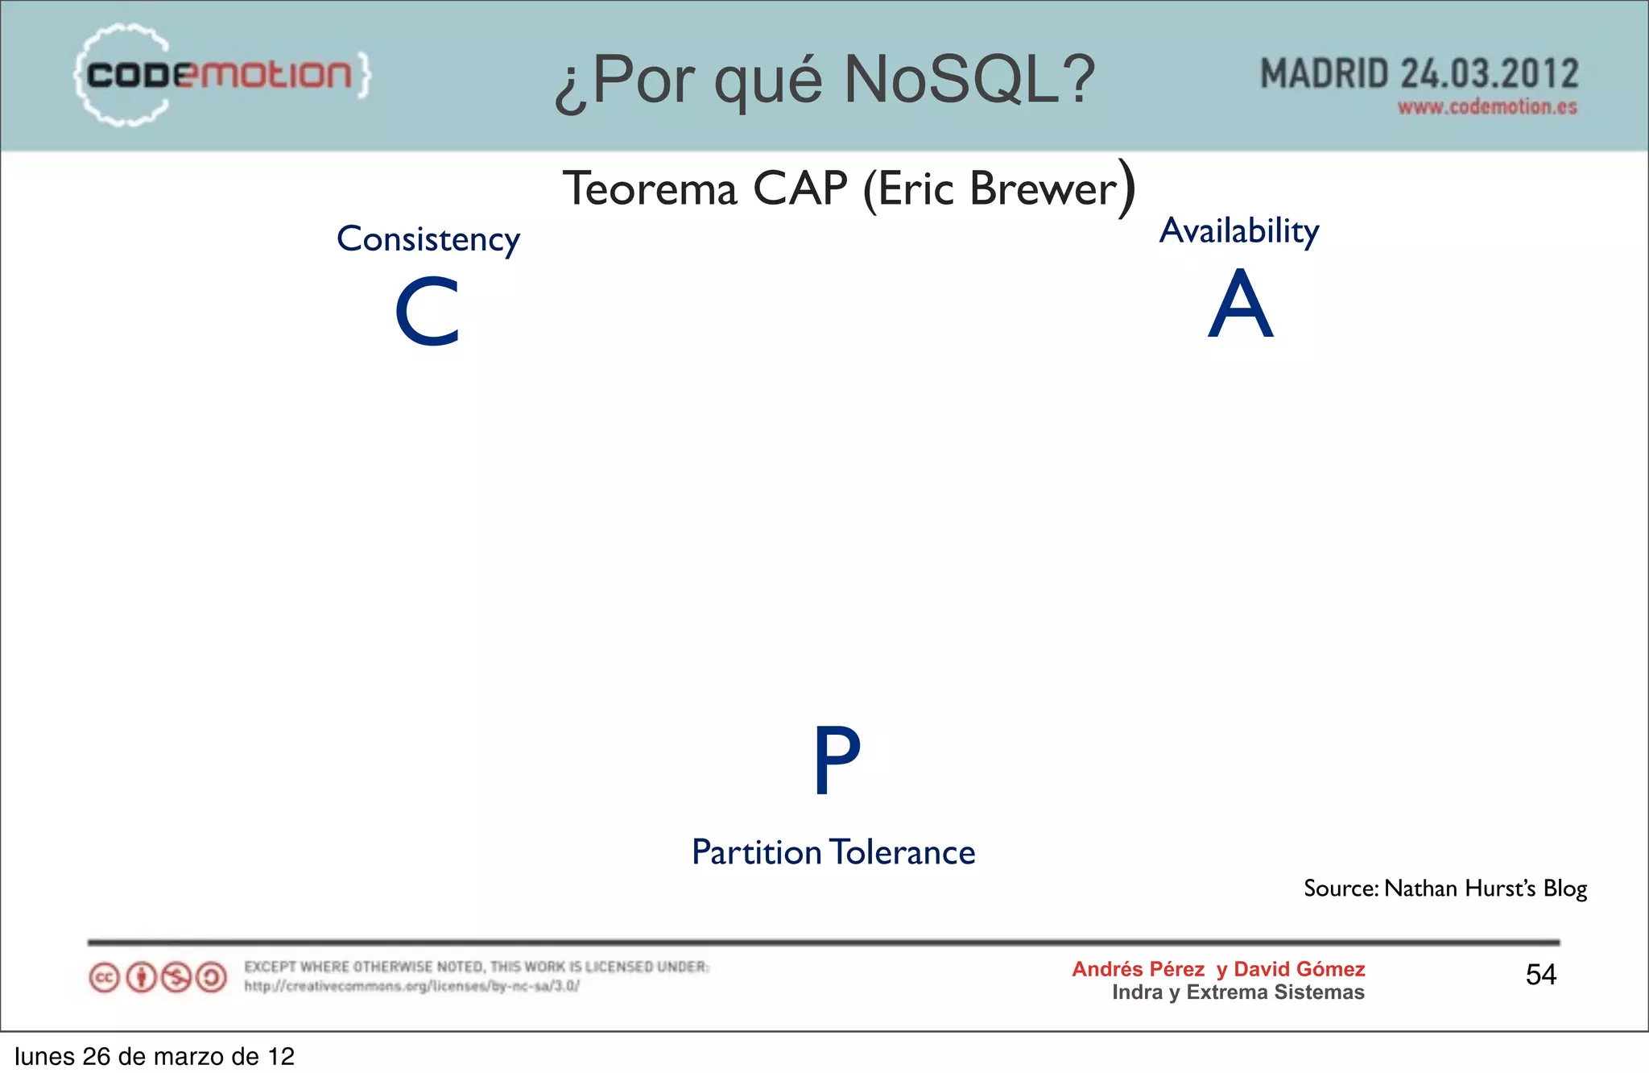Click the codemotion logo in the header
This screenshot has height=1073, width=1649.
pyautogui.click(x=221, y=75)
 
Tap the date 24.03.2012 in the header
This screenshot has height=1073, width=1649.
pyautogui.click(x=1489, y=74)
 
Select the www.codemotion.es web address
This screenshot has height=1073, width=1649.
pyautogui.click(x=1486, y=107)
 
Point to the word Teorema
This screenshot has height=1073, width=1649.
pyautogui.click(x=650, y=189)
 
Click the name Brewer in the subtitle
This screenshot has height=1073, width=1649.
pyautogui.click(x=1044, y=189)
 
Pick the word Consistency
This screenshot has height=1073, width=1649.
pyautogui.click(x=428, y=239)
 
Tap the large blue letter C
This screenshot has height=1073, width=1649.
pyautogui.click(x=427, y=312)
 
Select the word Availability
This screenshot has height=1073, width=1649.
pyautogui.click(x=1238, y=231)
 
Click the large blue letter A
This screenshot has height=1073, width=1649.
pyautogui.click(x=1240, y=304)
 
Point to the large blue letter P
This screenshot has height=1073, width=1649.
pyautogui.click(x=837, y=760)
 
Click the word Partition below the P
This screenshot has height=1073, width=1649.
pyautogui.click(x=756, y=852)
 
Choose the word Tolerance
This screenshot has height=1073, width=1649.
pyautogui.click(x=903, y=852)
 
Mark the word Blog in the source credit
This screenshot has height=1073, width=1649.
pyautogui.click(x=1564, y=889)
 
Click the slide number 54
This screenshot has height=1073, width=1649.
pyautogui.click(x=1540, y=975)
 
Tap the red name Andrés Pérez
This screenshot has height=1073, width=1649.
pyautogui.click(x=1138, y=969)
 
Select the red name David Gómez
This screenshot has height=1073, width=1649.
pyautogui.click(x=1299, y=969)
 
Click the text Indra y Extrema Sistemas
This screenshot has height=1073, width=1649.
pyautogui.click(x=1238, y=992)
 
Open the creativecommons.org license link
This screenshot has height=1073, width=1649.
pyautogui.click(x=411, y=986)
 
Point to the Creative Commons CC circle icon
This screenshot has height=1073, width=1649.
pyautogui.click(x=104, y=978)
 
